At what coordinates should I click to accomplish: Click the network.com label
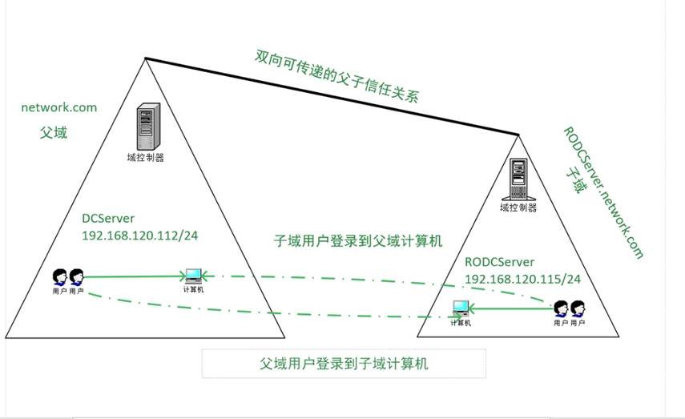coord(58,107)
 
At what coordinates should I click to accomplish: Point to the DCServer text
coord(109,218)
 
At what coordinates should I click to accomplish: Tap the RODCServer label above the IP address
coord(499,262)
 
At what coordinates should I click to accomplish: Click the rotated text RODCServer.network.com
coord(603,192)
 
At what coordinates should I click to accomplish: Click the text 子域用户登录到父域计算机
coord(357,240)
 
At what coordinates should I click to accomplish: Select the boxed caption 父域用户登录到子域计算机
coord(345,363)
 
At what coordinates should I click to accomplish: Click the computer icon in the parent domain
coord(194,277)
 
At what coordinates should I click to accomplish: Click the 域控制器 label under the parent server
coord(146,158)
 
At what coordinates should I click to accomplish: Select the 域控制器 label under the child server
coord(518,208)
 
